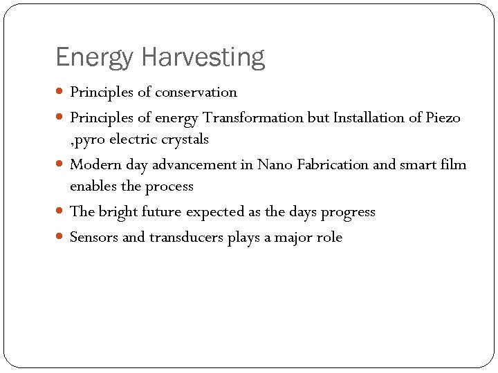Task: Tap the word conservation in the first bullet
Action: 196,92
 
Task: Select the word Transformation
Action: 252,117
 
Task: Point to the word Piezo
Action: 442,117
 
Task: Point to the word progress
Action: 348,212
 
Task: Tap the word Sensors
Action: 95,238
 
